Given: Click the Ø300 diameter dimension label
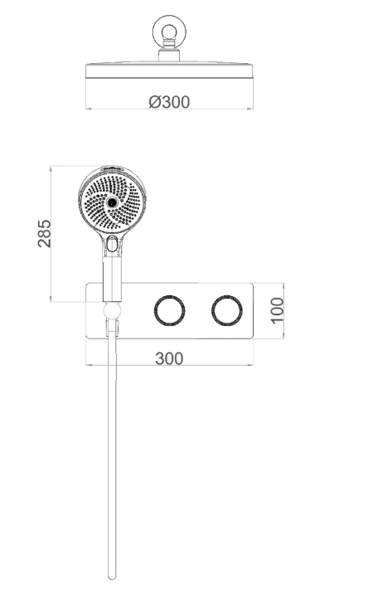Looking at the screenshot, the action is (169, 102).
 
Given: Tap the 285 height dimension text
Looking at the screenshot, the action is (44, 233).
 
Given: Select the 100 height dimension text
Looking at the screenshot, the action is (277, 310).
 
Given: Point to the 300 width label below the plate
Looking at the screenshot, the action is (169, 358).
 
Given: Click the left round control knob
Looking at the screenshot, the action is (169, 310).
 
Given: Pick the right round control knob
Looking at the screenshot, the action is (226, 310).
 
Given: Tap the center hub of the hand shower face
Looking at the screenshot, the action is (112, 202).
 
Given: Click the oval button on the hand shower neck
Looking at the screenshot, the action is (112, 244).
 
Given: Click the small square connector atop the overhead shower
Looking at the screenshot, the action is (169, 56).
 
